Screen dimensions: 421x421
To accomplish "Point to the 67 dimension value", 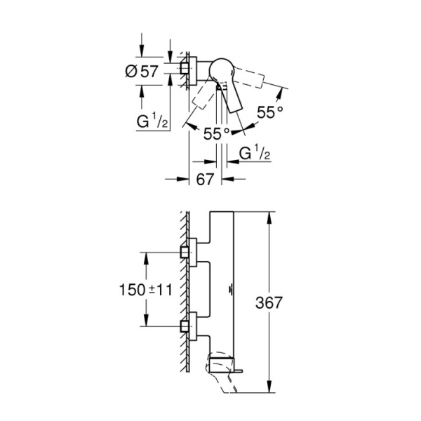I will [x=204, y=180].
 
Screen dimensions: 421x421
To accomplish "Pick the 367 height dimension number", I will [x=288, y=302].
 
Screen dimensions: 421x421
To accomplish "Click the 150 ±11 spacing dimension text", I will [x=134, y=289].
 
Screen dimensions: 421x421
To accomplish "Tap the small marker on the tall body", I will [x=232, y=289].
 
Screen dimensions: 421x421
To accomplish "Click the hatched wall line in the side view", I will [x=185, y=295].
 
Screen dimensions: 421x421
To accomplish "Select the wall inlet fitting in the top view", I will [x=187, y=68].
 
